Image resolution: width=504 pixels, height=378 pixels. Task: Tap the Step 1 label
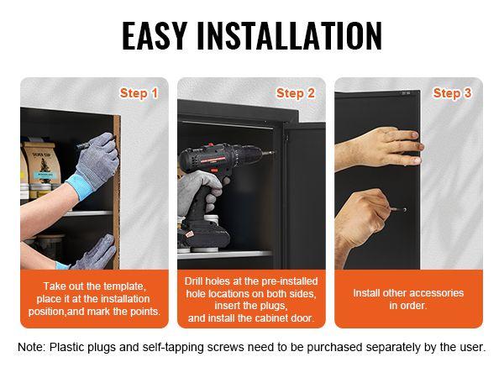tap(139, 93)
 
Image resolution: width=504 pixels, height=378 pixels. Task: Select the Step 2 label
tap(295, 93)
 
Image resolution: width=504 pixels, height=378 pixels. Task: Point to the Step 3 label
tap(452, 93)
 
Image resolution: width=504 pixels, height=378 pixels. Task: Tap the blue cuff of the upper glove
tap(83, 181)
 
